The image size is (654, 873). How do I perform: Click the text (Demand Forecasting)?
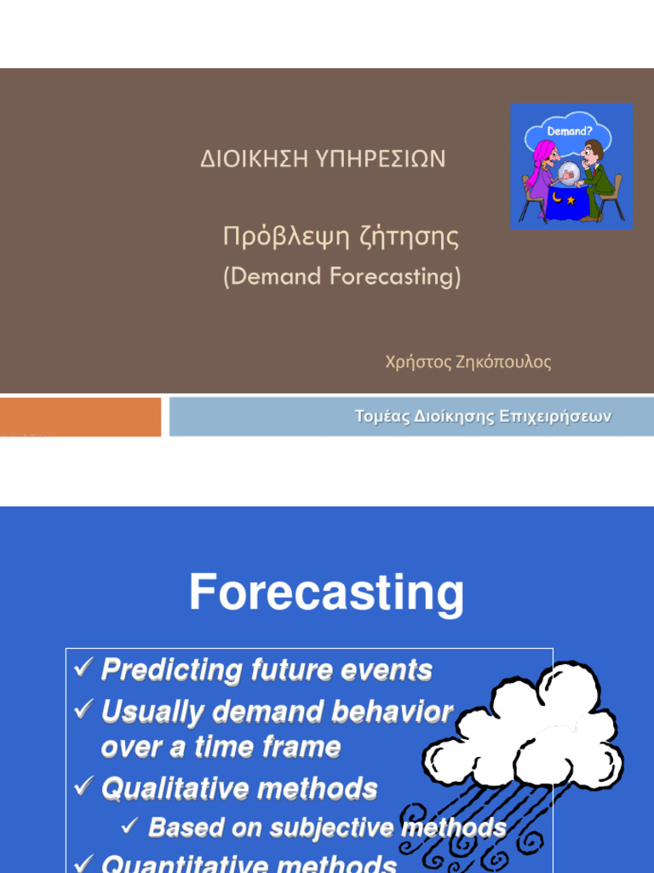(342, 276)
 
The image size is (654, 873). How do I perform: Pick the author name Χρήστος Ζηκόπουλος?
(468, 361)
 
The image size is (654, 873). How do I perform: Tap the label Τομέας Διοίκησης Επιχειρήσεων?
(484, 416)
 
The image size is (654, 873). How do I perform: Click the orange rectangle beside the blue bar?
(80, 416)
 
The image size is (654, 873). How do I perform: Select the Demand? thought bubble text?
(570, 131)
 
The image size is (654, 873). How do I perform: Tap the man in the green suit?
(596, 178)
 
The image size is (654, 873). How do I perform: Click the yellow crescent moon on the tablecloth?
(556, 195)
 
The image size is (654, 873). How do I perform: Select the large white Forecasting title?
(326, 593)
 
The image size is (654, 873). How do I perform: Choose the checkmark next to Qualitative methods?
(83, 786)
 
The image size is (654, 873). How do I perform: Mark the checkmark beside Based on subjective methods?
(130, 825)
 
